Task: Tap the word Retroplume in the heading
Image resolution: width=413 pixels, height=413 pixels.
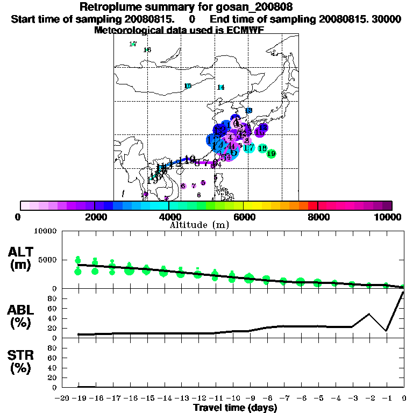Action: (x=110, y=8)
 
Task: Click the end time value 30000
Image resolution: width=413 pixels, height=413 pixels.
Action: (x=387, y=19)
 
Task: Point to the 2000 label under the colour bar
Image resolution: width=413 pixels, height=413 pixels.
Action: (x=95, y=217)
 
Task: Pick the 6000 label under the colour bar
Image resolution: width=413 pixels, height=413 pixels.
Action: (x=243, y=217)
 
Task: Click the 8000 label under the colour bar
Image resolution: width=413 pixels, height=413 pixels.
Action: (x=317, y=217)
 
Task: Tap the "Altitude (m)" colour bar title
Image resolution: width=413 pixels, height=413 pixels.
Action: (x=199, y=225)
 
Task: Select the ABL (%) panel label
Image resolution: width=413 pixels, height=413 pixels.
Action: (x=21, y=317)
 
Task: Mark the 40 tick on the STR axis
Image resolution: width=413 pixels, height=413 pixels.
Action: (x=53, y=367)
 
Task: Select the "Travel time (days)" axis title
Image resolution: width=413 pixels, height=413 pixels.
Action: (x=235, y=408)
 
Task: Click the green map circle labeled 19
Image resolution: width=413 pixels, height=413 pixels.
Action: (x=272, y=154)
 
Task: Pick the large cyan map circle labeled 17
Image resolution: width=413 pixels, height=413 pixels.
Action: (x=248, y=147)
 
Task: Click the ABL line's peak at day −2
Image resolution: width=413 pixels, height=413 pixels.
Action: (x=369, y=314)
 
